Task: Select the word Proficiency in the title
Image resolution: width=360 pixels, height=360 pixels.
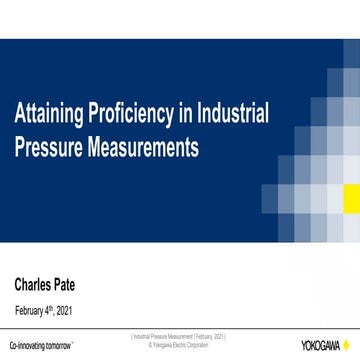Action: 128,112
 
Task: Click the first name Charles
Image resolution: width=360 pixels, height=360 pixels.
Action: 39,284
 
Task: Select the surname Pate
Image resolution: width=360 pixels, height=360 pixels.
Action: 86,284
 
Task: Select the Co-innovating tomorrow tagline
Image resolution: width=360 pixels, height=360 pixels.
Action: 41,345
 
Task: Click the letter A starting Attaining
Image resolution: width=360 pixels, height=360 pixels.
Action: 19,112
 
